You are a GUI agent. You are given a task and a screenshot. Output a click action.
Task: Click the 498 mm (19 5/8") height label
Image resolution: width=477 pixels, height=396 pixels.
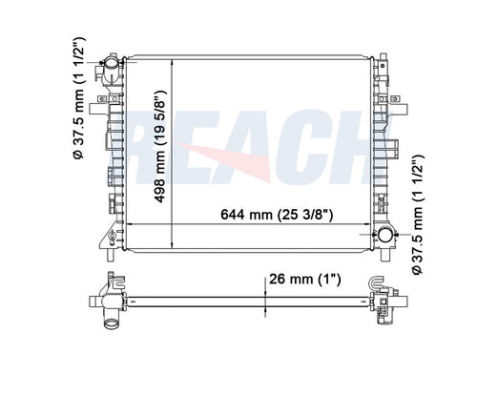click(160, 147)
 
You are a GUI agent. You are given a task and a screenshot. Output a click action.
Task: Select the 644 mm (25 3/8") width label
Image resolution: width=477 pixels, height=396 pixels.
click(277, 215)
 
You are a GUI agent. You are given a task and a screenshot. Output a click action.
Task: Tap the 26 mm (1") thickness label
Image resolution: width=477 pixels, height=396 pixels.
click(305, 280)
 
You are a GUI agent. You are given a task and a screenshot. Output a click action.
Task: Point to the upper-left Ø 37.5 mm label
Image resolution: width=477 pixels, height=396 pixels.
click(78, 98)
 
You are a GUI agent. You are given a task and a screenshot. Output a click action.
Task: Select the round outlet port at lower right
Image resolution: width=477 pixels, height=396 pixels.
click(385, 235)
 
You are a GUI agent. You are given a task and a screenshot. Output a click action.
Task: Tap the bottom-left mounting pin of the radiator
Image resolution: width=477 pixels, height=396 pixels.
click(111, 255)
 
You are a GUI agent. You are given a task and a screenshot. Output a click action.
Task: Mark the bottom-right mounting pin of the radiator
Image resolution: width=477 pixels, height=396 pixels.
click(384, 255)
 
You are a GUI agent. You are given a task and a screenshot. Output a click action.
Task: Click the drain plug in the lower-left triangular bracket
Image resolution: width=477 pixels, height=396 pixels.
click(112, 237)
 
